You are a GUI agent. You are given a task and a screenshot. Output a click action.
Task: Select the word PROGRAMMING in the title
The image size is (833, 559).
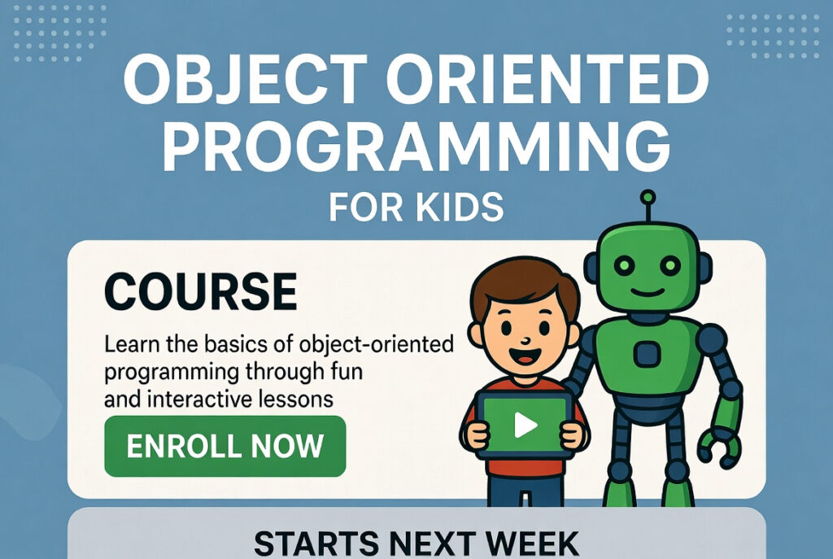pos(416,147)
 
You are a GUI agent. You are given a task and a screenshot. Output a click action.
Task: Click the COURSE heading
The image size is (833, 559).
pos(201,290)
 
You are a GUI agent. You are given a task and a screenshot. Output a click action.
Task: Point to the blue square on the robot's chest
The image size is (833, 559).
pos(647,354)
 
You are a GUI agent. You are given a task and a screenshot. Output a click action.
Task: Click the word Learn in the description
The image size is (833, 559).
pos(131,344)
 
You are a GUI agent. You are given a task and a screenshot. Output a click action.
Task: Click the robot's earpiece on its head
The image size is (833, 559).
pos(704,264)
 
